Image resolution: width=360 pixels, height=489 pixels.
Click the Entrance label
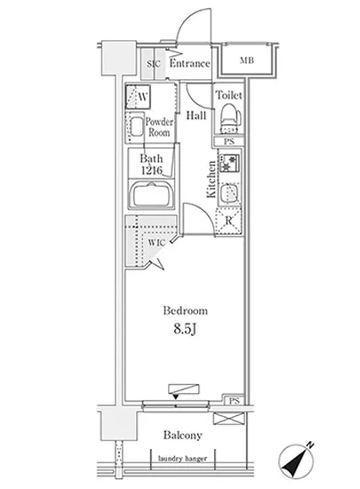pyautogui.click(x=189, y=63)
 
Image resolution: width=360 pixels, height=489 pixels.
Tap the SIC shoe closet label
pyautogui.click(x=154, y=64)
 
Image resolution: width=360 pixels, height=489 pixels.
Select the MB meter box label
pyautogui.click(x=247, y=60)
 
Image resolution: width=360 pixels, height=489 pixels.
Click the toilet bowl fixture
pyautogui.click(x=230, y=119)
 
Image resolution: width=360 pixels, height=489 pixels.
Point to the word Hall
pyautogui.click(x=196, y=116)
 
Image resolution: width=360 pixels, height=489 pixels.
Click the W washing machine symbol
pyautogui.click(x=138, y=97)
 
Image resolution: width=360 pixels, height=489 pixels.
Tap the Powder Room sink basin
pyautogui.click(x=136, y=127)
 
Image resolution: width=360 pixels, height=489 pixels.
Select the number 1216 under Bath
pyautogui.click(x=152, y=171)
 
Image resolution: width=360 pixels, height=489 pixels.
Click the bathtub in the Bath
pyautogui.click(x=151, y=195)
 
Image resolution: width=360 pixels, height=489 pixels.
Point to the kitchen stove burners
pyautogui.click(x=229, y=163)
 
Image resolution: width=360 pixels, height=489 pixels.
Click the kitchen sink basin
pyautogui.click(x=229, y=193)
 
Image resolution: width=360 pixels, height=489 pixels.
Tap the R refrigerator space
pyautogui.click(x=228, y=221)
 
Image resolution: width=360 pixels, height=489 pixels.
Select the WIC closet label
pyautogui.click(x=156, y=243)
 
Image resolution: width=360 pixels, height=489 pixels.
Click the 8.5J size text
pyautogui.click(x=185, y=329)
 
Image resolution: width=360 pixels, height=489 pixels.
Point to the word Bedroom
pyautogui.click(x=185, y=310)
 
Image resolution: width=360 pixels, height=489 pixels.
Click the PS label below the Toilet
pyautogui.click(x=229, y=141)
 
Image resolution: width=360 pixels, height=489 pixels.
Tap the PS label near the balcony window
pyautogui.click(x=234, y=401)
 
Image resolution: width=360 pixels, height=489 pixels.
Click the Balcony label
pyautogui.click(x=182, y=435)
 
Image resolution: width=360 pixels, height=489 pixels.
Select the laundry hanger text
pyautogui.click(x=182, y=459)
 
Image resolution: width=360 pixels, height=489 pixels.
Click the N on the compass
pyautogui.click(x=310, y=445)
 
